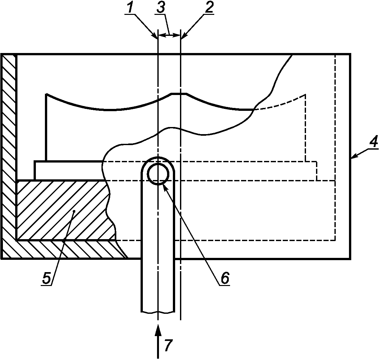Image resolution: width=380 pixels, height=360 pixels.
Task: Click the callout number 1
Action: tap(130, 8)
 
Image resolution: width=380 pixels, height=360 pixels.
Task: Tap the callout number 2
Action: tap(209, 8)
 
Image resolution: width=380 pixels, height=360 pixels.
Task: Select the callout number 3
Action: tap(161, 8)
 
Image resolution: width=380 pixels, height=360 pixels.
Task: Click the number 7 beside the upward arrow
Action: tap(167, 346)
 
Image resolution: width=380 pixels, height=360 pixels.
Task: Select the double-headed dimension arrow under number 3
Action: tap(169, 35)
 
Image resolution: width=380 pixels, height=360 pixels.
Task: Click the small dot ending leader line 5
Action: tap(74, 211)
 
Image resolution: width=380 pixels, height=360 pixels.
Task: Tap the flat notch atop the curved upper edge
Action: tap(179, 94)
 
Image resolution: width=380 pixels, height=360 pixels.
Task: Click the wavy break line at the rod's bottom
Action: tap(158, 312)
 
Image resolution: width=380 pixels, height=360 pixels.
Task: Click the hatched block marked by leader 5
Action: tap(61, 210)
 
